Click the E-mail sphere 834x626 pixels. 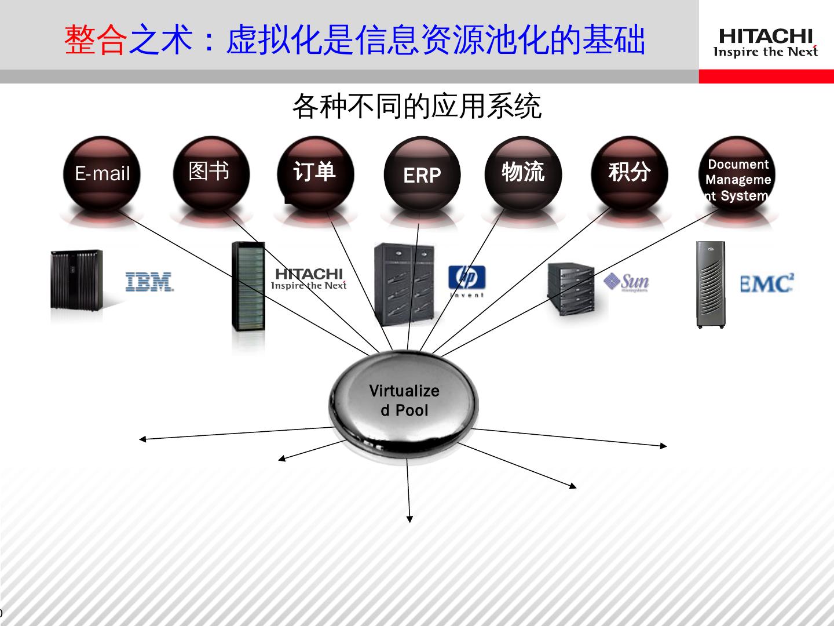click(102, 173)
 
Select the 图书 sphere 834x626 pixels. click(211, 172)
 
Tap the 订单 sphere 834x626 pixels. click(314, 173)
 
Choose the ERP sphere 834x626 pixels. click(422, 174)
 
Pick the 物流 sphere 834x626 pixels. click(523, 172)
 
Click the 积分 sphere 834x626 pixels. click(629, 172)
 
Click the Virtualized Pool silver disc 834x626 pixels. click(404, 400)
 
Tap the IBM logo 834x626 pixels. click(149, 282)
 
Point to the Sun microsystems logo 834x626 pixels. click(627, 282)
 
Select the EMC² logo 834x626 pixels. click(767, 283)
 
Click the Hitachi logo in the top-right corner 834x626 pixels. click(765, 43)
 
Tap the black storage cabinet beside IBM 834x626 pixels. click(76, 279)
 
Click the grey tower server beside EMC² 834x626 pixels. click(711, 285)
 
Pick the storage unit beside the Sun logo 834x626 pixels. click(571, 289)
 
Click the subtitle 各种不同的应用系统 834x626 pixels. click(416, 107)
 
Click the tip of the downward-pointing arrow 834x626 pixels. click(409, 521)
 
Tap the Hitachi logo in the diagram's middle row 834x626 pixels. click(309, 278)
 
